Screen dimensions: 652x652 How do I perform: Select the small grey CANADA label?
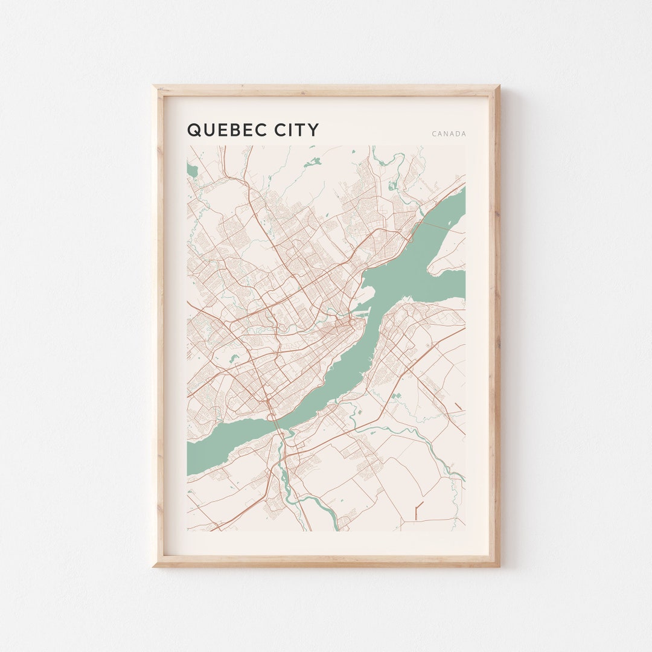point(449,134)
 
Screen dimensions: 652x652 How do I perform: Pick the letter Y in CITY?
point(313,130)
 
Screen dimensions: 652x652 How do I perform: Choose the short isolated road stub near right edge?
point(458,405)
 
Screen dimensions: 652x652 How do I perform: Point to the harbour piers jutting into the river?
point(361,309)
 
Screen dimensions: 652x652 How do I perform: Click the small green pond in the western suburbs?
point(234,359)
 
